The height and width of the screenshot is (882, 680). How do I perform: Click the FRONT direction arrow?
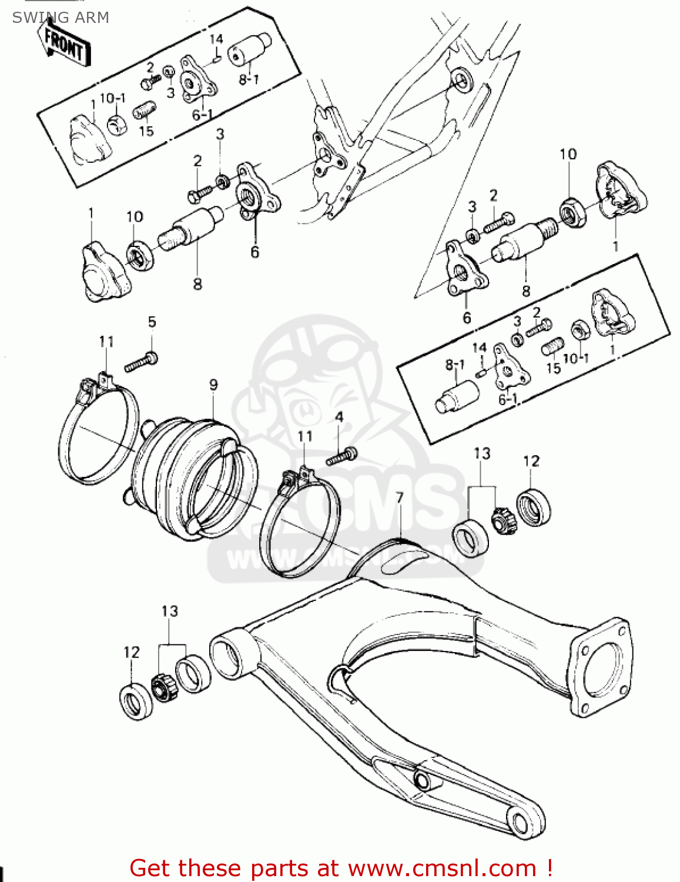pos(65,44)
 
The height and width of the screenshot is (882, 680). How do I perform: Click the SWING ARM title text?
pos(61,18)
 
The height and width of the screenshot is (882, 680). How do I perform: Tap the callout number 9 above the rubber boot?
pos(213,385)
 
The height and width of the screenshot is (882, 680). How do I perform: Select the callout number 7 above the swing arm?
pos(400,498)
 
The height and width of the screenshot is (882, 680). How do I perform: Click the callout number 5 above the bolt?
pos(152,322)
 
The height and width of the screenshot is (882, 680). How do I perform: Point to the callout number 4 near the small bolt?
pos(339,417)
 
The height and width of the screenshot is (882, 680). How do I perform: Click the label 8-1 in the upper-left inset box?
pos(249,79)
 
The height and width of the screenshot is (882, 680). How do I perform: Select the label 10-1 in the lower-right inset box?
pos(575,358)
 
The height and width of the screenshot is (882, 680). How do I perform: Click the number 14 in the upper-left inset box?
pos(216,39)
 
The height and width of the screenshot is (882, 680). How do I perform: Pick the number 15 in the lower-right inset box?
pos(553,368)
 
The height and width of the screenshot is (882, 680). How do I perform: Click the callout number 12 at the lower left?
pos(132,652)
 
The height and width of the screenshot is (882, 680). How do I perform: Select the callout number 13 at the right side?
pos(482,453)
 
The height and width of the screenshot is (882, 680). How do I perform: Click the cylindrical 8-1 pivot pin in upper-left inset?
pos(249,48)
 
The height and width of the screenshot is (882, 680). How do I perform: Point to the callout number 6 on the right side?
pos(467,318)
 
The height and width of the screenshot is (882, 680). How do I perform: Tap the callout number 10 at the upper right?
pos(568,154)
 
